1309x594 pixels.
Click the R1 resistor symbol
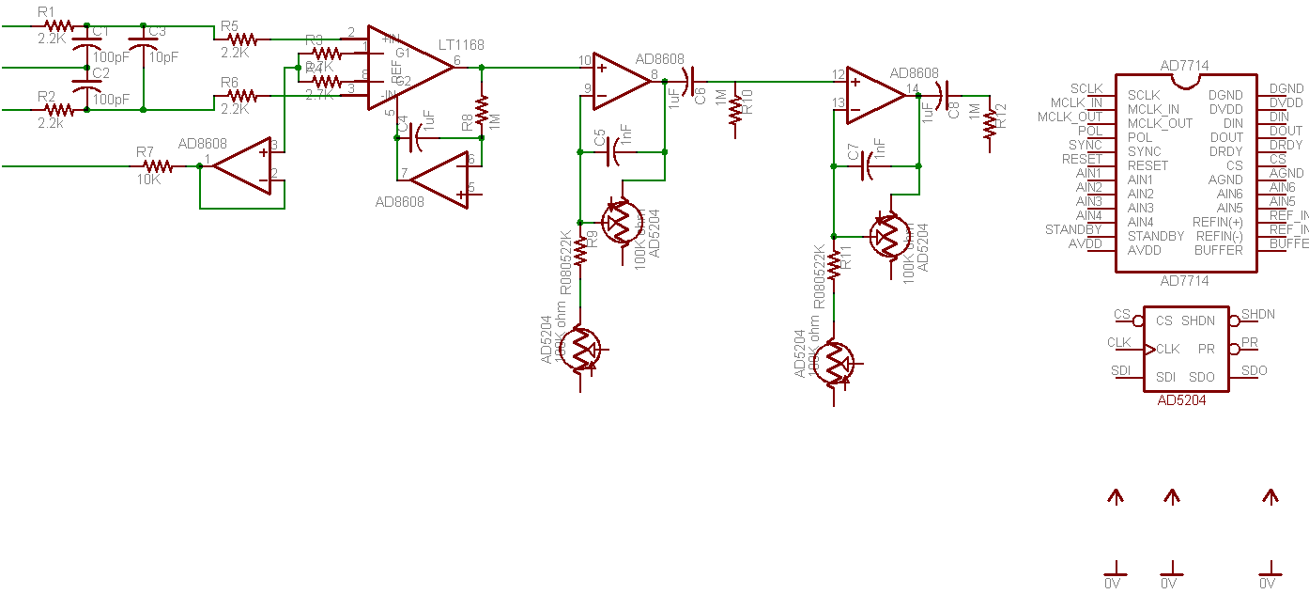coord(58,26)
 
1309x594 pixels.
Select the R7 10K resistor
coord(157,166)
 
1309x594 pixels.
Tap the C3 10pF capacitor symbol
coord(143,43)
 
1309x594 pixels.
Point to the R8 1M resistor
coord(482,110)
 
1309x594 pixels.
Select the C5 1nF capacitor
coord(615,150)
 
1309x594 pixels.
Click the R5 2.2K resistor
coord(242,39)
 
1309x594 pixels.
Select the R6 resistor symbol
coord(242,96)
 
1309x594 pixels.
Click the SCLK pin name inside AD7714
coord(1143,95)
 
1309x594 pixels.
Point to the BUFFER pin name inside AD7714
coord(1218,250)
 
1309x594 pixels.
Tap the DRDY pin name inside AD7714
coord(1225,151)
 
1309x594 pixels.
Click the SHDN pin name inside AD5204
coord(1197,320)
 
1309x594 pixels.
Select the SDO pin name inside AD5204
coord(1201,377)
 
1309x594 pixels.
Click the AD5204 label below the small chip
coord(1181,399)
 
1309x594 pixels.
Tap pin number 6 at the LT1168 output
coord(456,61)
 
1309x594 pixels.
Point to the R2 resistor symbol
coord(58,110)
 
